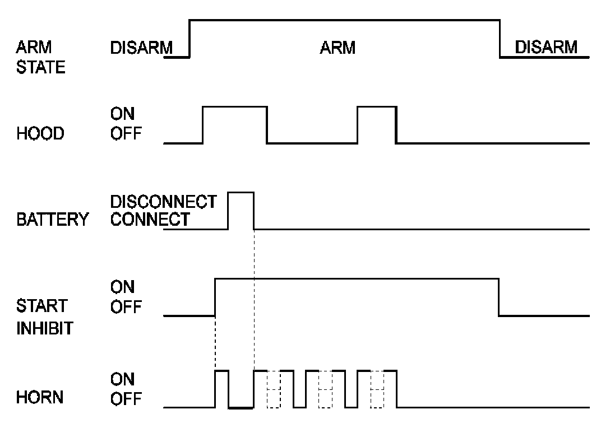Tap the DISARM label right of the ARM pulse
pos(546,47)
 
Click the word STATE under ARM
pos(41,68)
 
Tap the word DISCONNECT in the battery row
pos(163,201)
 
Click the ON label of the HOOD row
pos(122,114)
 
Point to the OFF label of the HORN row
pos(126,399)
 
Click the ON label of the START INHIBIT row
pos(122,287)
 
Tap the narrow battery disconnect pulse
pos(241,210)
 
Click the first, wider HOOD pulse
pos(234,123)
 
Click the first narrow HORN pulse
pos(221,388)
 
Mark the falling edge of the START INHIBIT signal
pos(498,297)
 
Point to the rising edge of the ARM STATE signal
pos(190,39)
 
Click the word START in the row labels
pos(41,306)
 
